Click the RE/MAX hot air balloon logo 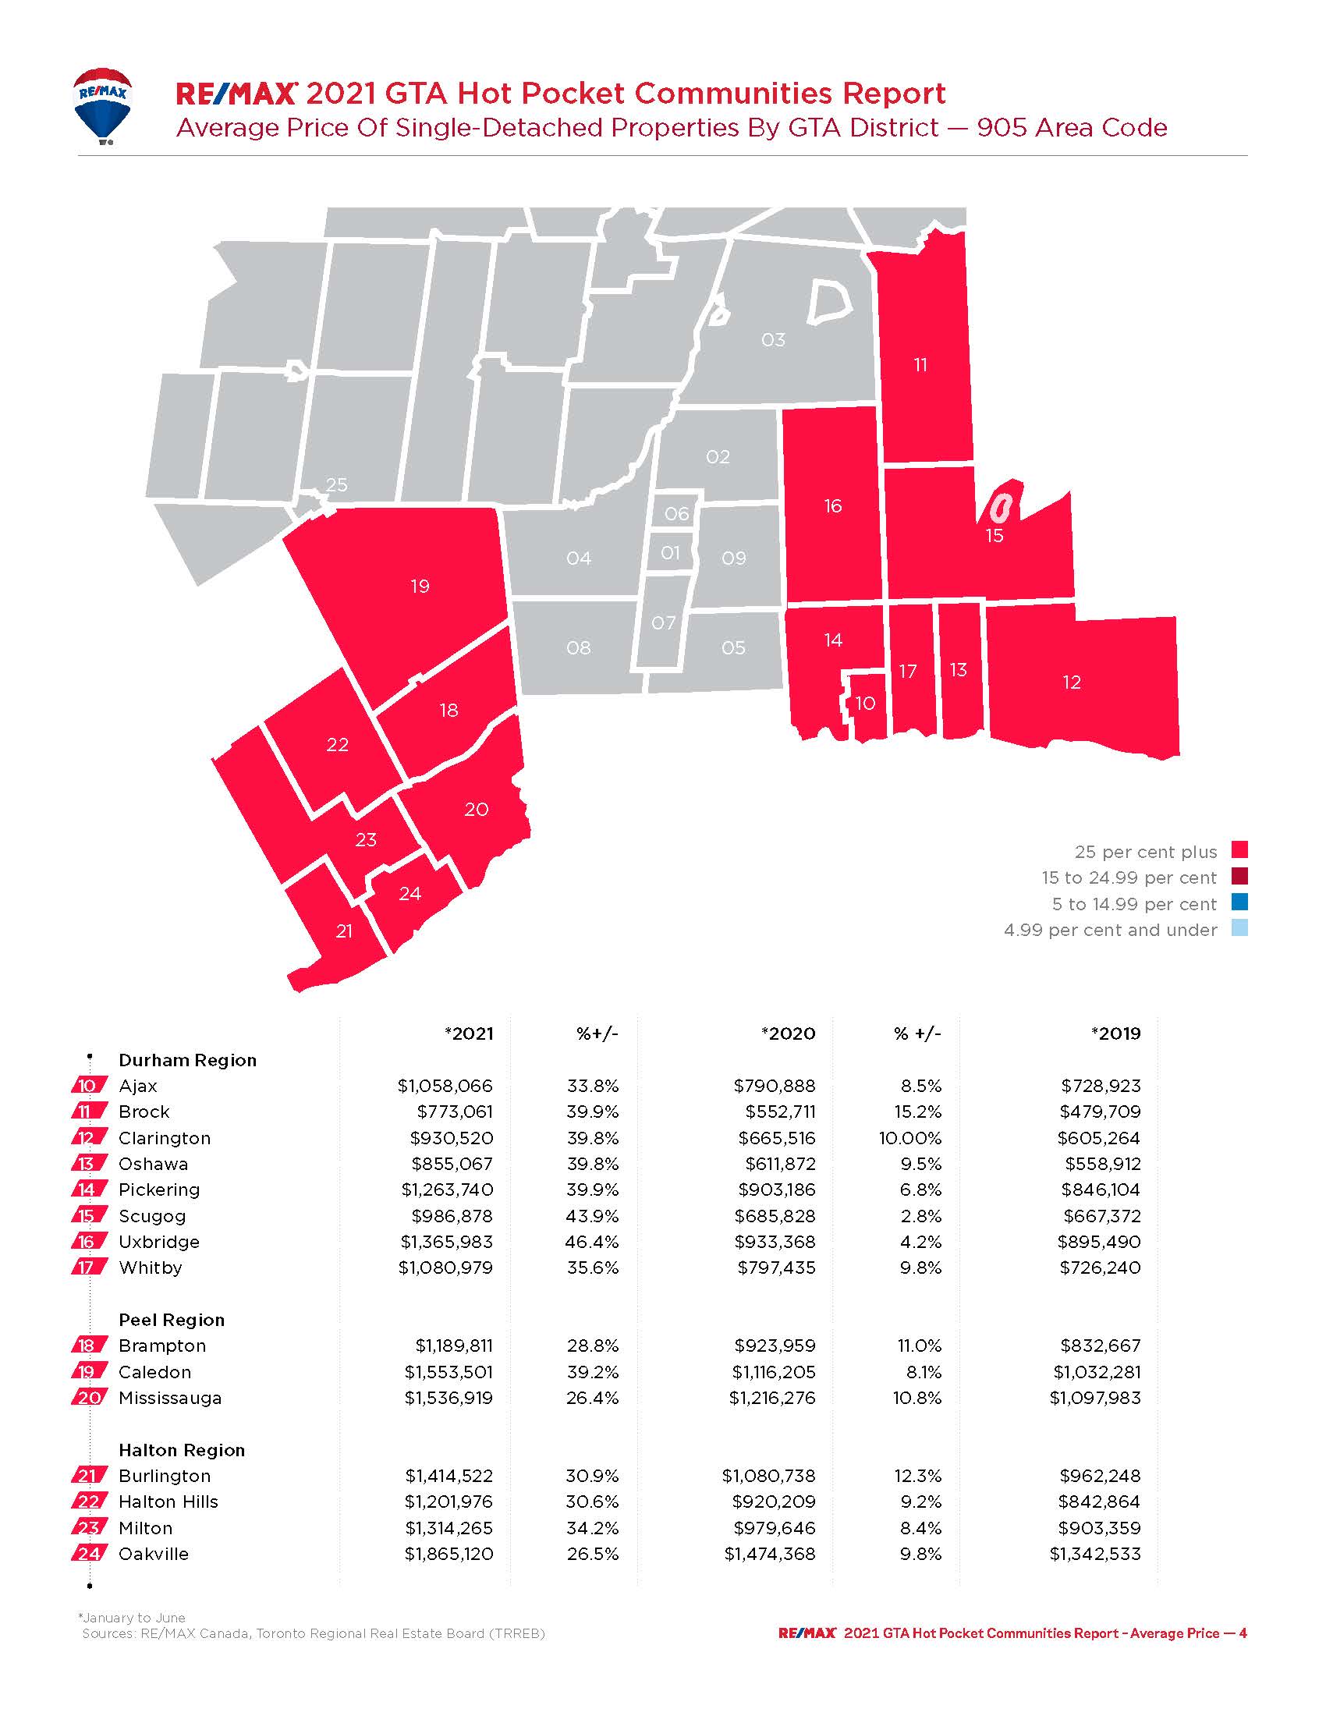click(x=102, y=106)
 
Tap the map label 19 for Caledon click(x=420, y=586)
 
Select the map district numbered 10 click(x=866, y=704)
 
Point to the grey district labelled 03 click(x=773, y=340)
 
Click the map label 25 click(x=336, y=485)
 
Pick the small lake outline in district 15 click(x=1000, y=508)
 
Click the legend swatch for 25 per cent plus click(x=1239, y=850)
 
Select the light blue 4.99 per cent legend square click(x=1239, y=929)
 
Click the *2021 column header click(x=469, y=1034)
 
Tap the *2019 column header click(x=1115, y=1034)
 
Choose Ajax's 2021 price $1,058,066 click(x=445, y=1086)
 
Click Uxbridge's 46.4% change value click(x=592, y=1242)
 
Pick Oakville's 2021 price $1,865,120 click(x=448, y=1553)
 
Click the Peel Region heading click(x=172, y=1320)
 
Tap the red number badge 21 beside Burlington click(x=88, y=1476)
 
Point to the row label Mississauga click(x=170, y=1398)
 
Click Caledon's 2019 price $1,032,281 click(x=1097, y=1372)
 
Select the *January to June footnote click(x=132, y=1618)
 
